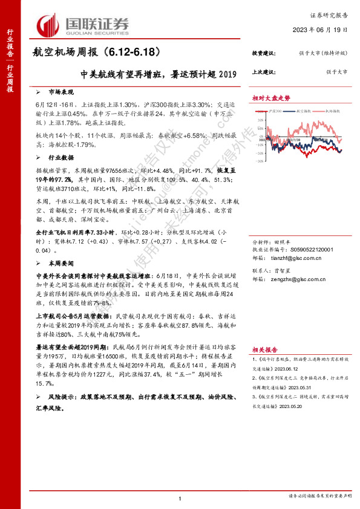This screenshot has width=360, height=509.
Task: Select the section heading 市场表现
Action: tap(60, 92)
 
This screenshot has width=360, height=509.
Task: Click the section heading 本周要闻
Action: tap(60, 247)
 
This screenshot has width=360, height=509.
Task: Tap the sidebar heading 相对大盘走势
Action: tap(271, 99)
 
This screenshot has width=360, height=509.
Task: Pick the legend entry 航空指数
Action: tap(307, 111)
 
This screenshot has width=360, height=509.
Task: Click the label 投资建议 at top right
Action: tap(263, 54)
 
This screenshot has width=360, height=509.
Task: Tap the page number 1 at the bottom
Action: tap(180, 498)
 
